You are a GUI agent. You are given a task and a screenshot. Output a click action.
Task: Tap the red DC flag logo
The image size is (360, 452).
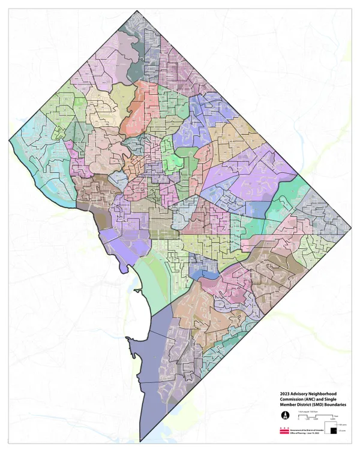click(284, 431)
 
